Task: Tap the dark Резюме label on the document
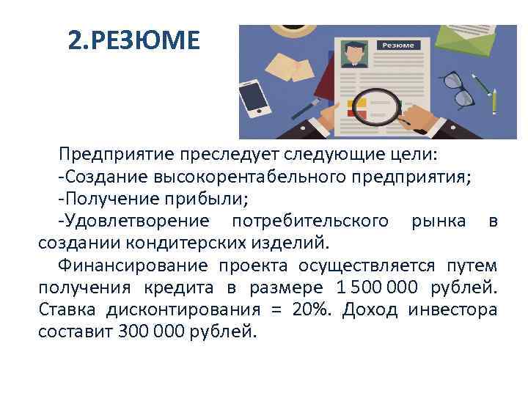(397, 45)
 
